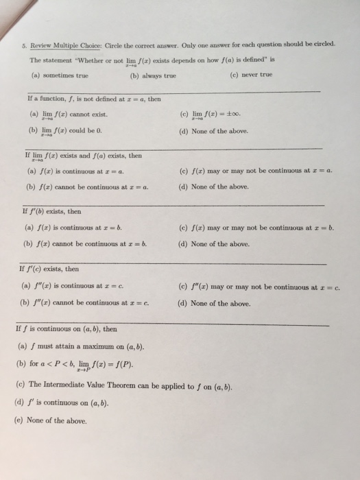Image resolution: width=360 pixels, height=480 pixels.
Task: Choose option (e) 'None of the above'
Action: (x=56, y=420)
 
